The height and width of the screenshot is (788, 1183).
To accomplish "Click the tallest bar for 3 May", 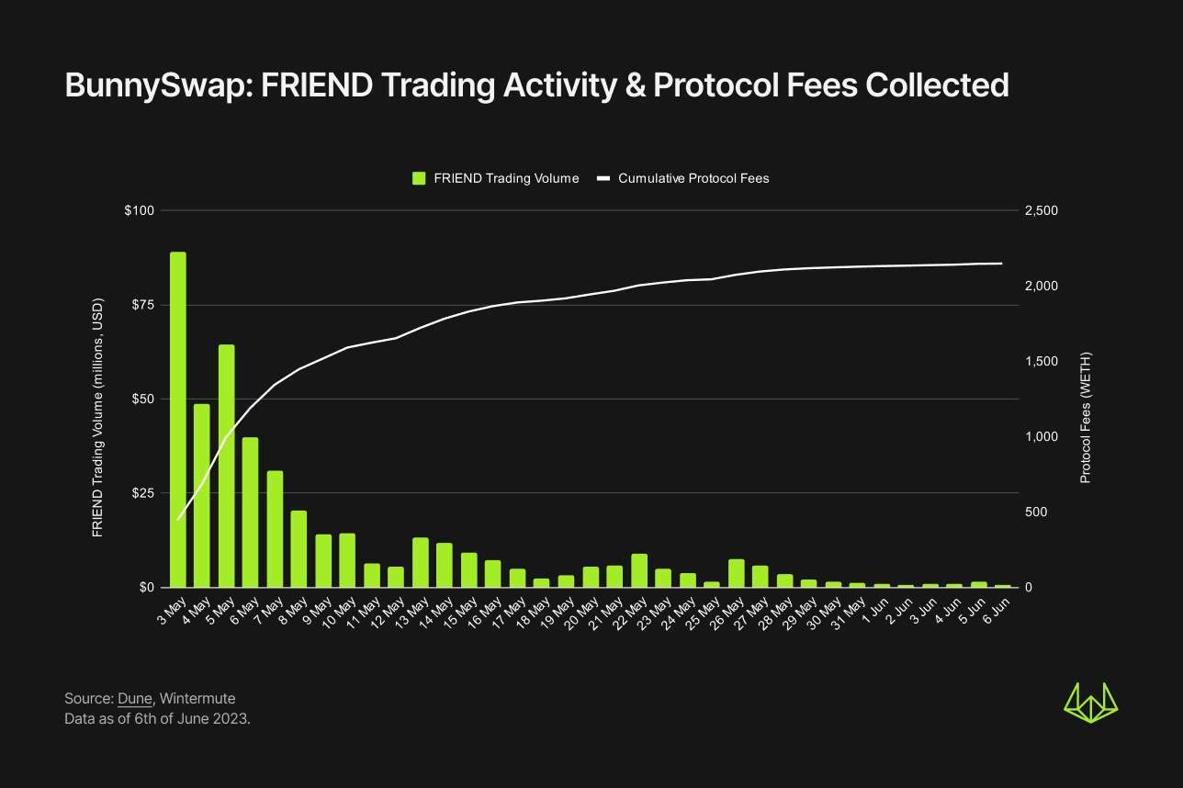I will [178, 419].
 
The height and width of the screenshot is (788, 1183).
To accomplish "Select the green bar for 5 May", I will [227, 466].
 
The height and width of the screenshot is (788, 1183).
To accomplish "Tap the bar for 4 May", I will [202, 495].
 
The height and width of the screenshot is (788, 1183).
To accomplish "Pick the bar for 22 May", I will [639, 570].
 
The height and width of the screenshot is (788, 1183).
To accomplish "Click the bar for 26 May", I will [736, 572].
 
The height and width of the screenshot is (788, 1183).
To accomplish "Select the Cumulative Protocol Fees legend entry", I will [683, 178].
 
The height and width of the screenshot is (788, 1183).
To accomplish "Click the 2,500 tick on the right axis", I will [1041, 211].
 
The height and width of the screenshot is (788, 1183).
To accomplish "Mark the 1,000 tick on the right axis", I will [1041, 437].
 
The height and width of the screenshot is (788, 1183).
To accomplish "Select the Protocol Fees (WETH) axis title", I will [1085, 418].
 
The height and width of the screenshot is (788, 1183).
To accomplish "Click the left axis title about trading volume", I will [97, 418].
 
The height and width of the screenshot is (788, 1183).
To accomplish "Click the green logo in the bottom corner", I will [1090, 703].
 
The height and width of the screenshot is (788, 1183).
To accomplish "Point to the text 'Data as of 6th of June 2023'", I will [157, 718].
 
